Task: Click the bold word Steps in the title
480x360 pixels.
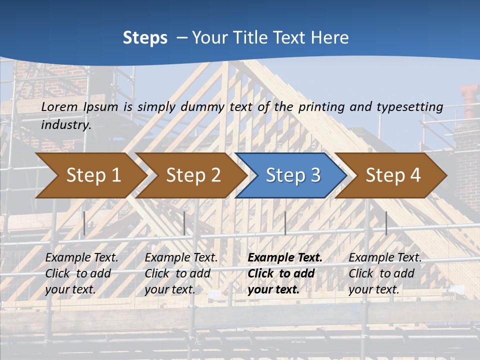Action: (145, 38)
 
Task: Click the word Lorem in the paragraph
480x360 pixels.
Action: (59, 106)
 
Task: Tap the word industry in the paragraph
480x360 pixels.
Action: (65, 124)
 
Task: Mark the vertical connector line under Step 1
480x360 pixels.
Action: (84, 223)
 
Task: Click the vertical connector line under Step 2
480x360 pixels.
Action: (184, 223)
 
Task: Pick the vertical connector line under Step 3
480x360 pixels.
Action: (285, 223)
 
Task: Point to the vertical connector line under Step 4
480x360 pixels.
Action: (386, 223)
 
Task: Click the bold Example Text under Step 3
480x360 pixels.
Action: (285, 257)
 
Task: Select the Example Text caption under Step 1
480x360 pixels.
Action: (81, 257)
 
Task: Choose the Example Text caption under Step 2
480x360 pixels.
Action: (181, 257)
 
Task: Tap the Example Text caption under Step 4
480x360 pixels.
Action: (385, 257)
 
